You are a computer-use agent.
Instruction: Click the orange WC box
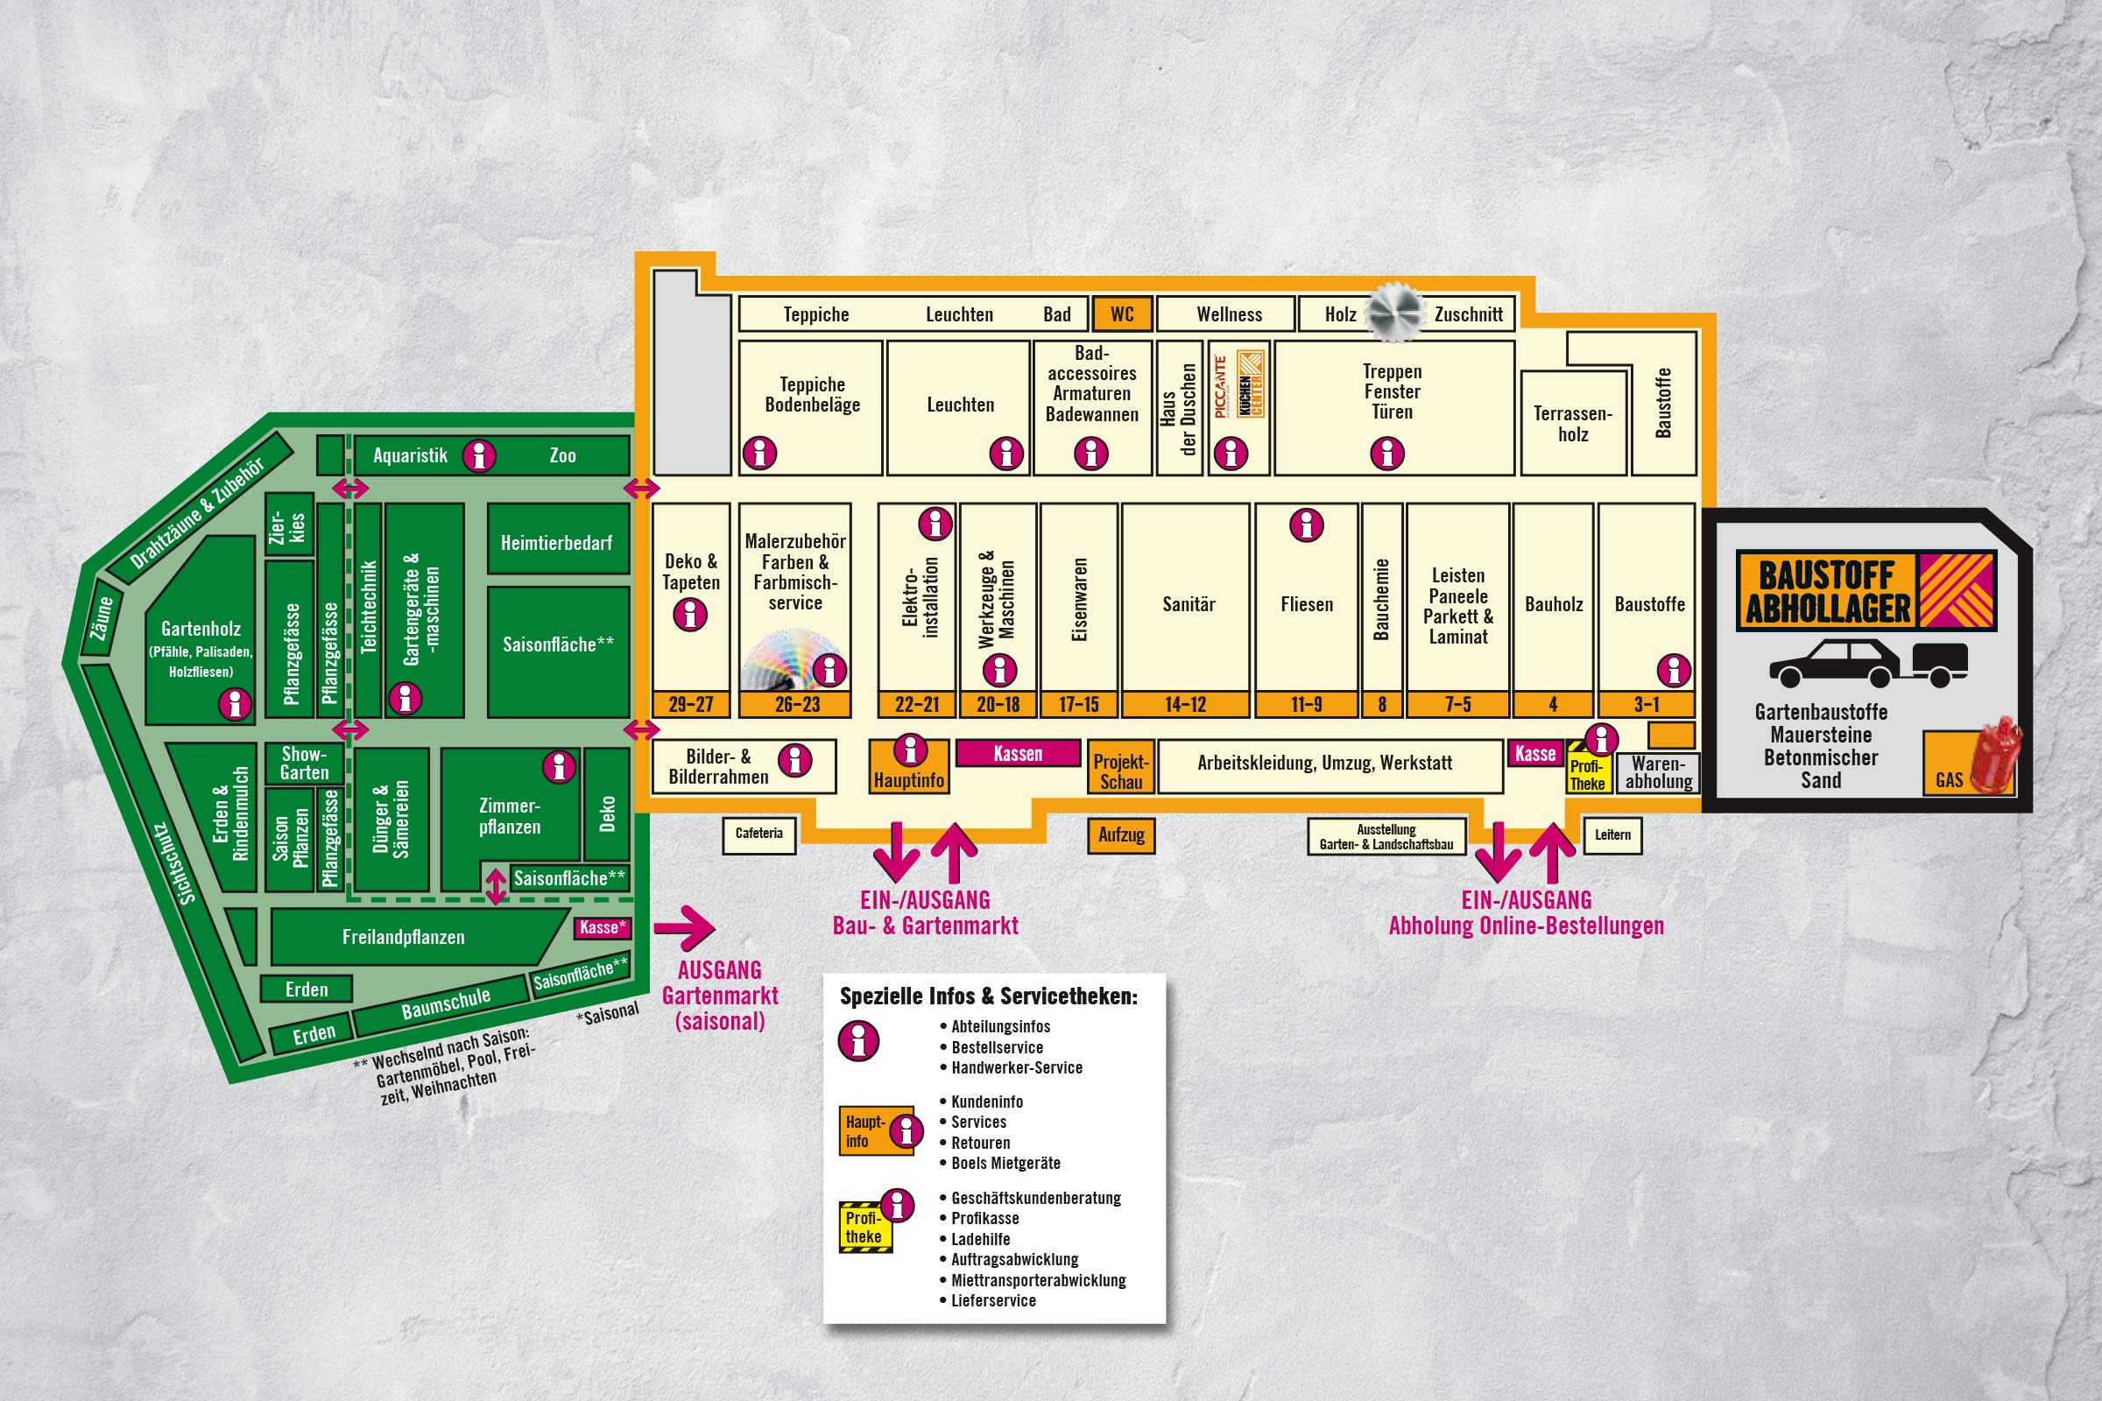coord(1123,313)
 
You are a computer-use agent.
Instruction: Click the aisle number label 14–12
coord(1186,704)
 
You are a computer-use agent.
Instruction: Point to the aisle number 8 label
coord(1383,704)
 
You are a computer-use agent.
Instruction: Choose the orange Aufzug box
coord(1122,835)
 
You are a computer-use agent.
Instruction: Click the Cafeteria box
coord(758,834)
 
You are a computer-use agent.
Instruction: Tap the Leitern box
coord(1613,835)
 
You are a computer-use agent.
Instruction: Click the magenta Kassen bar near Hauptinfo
coord(1018,753)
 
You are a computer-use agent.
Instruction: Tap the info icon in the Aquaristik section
coord(479,455)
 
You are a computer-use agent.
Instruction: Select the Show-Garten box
coord(304,764)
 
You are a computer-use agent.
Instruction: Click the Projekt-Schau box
coord(1122,771)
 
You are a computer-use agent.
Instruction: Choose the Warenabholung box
coord(1659,773)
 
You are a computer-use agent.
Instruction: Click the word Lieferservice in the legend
coord(993,1300)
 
